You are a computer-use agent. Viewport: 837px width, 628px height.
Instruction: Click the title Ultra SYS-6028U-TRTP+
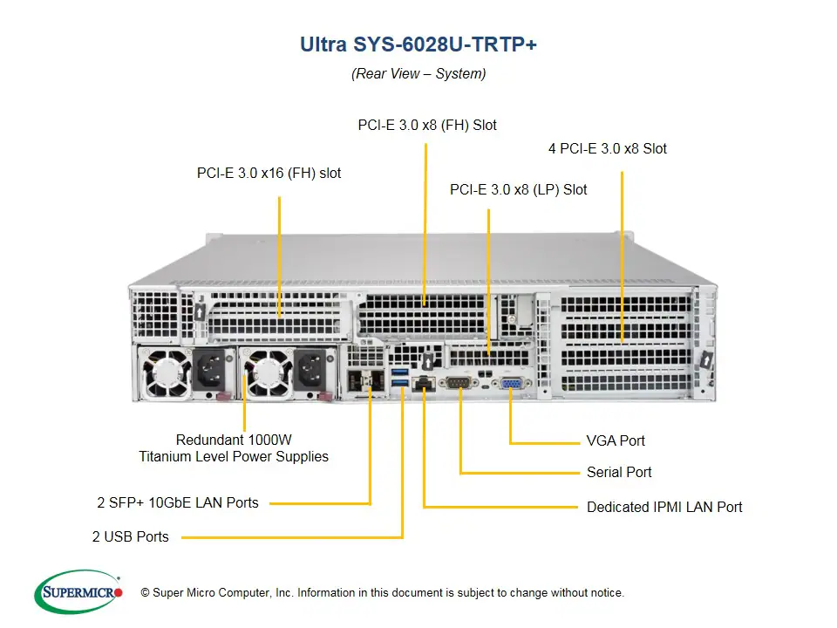pos(418,44)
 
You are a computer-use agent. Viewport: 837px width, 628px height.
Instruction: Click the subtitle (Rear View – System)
pos(418,73)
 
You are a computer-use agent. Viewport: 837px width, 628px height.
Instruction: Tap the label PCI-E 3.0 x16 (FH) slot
pos(269,173)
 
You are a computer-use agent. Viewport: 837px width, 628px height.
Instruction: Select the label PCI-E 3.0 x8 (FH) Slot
pos(427,125)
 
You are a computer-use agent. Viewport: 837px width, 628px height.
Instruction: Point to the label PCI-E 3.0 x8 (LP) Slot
pos(518,189)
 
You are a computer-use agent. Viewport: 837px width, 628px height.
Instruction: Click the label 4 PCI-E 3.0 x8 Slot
pos(607,148)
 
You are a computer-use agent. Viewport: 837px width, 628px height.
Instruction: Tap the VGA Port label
pos(616,440)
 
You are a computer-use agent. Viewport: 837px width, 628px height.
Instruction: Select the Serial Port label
pos(619,472)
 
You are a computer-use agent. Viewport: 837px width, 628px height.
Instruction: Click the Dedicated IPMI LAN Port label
pos(664,506)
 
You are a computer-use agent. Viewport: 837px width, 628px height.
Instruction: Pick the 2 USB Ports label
pos(131,536)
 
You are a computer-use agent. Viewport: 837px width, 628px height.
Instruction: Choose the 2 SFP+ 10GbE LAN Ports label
pos(178,502)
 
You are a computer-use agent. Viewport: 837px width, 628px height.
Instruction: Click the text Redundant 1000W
pos(234,440)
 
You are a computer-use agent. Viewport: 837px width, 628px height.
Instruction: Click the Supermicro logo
pos(78,592)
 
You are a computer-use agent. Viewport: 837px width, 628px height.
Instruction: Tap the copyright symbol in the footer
pos(145,593)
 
